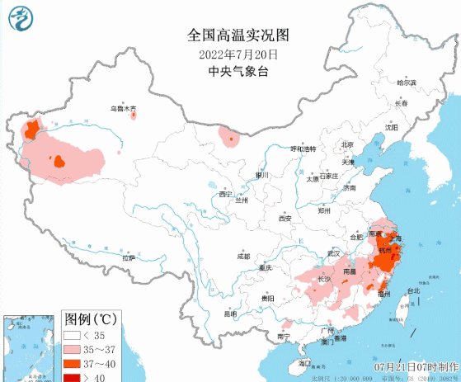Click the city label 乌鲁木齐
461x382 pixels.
pos(126,109)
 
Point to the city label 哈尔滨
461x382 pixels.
pos(407,83)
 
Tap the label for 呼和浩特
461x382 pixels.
pos(303,149)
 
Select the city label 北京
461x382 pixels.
pos(347,145)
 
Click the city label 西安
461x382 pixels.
pos(285,219)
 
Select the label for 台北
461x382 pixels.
pos(412,290)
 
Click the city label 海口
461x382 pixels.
pos(304,363)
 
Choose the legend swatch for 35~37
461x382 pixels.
pos(75,349)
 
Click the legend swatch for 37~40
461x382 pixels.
pos(75,363)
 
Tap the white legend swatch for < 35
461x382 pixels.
pos(75,335)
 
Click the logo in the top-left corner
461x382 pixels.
pos(16,17)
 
